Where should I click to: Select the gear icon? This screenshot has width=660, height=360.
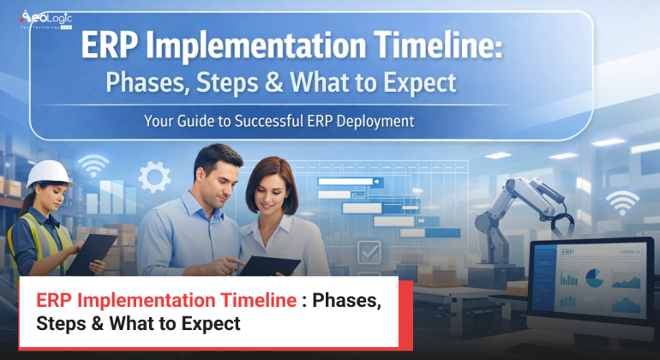[x=154, y=177]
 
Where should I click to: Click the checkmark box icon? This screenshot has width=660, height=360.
[x=369, y=251]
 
